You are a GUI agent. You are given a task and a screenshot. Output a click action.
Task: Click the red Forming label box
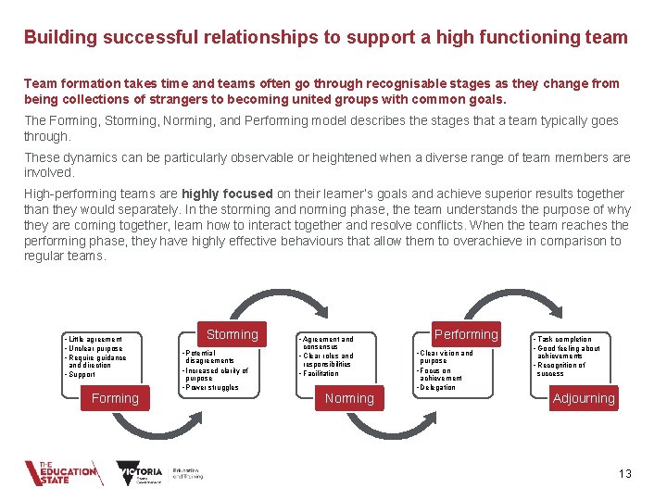(x=115, y=398)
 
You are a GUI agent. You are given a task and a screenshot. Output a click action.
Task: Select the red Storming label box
(x=232, y=334)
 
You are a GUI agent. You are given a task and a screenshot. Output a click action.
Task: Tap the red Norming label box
(x=349, y=398)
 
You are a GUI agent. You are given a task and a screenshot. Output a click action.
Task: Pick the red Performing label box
(x=466, y=334)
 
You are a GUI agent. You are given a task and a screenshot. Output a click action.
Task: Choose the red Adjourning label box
(x=583, y=398)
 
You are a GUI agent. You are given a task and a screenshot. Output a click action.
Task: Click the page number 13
(x=624, y=474)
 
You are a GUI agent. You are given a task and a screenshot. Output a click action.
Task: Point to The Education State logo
(x=61, y=472)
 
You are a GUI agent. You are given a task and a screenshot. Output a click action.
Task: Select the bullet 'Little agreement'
(x=94, y=339)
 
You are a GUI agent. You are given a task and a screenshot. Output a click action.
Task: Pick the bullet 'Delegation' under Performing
(x=437, y=387)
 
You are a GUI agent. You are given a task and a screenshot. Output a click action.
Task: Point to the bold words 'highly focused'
(x=227, y=194)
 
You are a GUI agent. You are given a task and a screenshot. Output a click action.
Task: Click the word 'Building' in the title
(x=57, y=38)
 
